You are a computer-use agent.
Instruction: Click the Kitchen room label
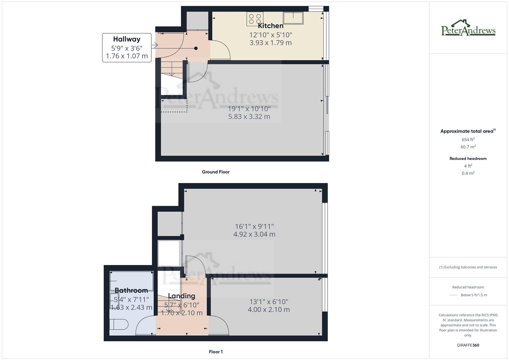270,26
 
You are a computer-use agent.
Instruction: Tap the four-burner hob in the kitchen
255,19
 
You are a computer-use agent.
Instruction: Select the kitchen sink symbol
293,18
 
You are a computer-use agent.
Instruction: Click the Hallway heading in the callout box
127,39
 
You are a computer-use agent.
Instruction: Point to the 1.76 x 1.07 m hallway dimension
127,56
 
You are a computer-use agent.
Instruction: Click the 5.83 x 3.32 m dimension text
249,117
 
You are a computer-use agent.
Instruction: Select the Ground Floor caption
216,172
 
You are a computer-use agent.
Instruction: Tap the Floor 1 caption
216,352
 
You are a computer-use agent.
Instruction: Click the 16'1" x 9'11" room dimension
254,226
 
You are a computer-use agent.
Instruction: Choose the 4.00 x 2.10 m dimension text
269,310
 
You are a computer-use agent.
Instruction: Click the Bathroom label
131,290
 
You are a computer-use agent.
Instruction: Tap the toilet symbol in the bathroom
119,324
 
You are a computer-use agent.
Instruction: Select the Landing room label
182,296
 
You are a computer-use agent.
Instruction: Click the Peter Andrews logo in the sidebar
468,28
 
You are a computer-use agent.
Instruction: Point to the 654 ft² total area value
468,140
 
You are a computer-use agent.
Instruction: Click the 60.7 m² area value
468,147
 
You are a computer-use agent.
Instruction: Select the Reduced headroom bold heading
468,159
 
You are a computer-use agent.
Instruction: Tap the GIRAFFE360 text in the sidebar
468,345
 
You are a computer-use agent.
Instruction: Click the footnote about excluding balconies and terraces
468,267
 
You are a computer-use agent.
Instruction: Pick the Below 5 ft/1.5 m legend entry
474,295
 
